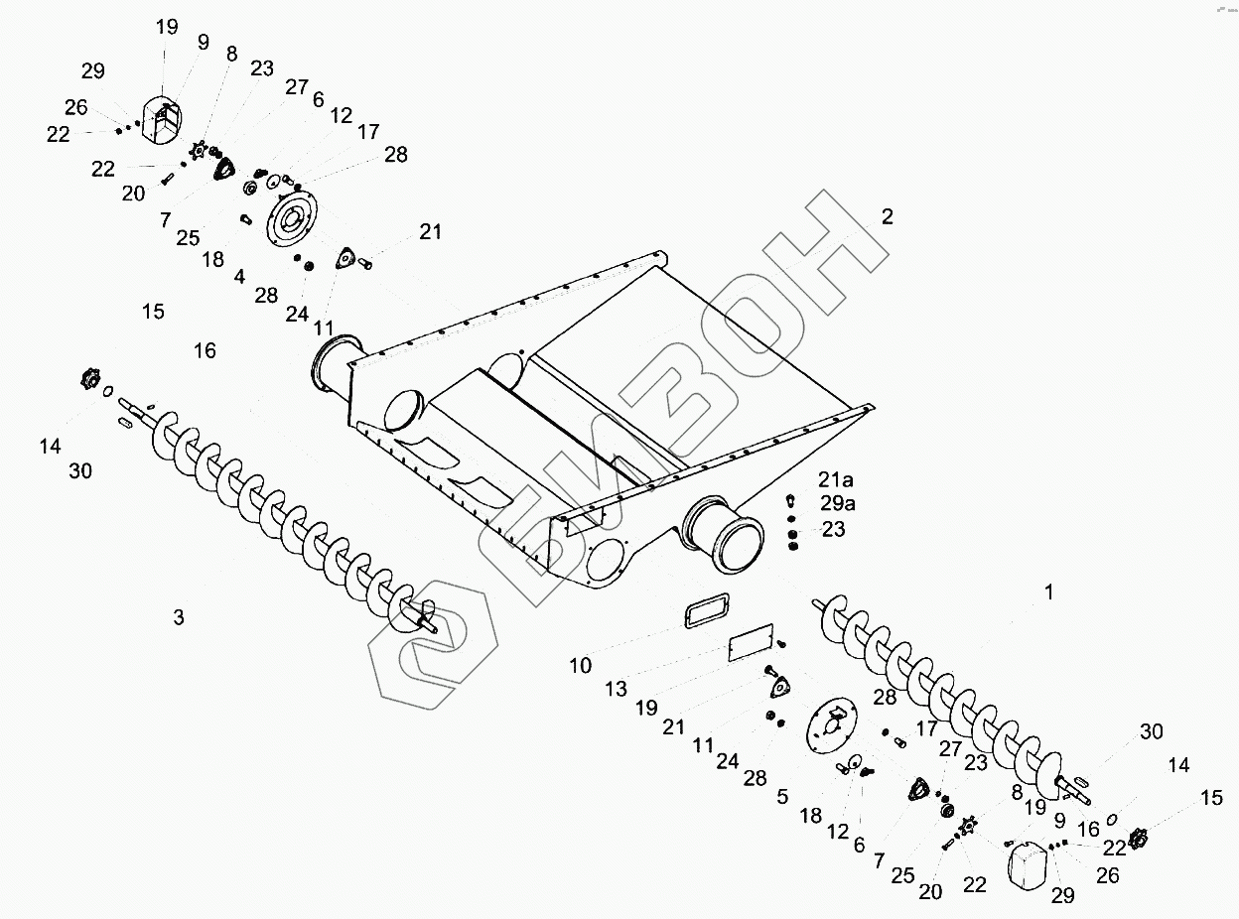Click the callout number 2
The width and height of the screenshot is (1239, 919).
click(x=887, y=217)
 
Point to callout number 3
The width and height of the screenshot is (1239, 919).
click(x=179, y=617)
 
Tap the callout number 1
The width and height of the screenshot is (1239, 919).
click(x=1048, y=592)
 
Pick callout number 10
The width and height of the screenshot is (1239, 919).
click(x=581, y=665)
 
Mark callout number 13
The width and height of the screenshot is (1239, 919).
click(x=616, y=689)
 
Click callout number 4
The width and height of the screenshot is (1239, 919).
click(x=240, y=276)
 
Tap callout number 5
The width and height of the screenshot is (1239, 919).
click(x=782, y=796)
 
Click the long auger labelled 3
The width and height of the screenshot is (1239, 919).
click(x=288, y=516)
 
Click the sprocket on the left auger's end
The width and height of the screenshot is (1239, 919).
click(x=91, y=379)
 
